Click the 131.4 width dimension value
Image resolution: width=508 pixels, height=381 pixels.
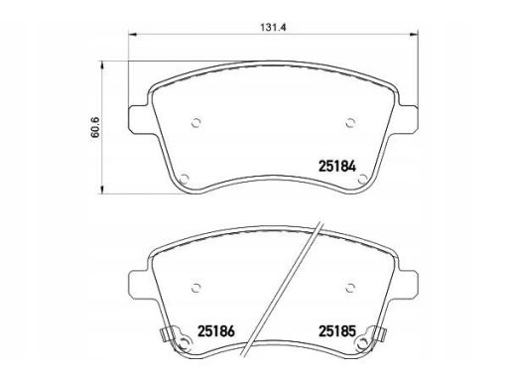click(273, 28)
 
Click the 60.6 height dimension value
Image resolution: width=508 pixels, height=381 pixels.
click(95, 128)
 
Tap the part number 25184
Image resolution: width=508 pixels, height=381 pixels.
click(337, 167)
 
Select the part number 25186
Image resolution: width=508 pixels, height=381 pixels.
click(216, 331)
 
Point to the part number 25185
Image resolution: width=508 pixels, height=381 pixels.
click(337, 331)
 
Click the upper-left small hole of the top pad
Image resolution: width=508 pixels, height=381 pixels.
click(196, 123)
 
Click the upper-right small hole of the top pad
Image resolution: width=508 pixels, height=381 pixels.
click(350, 123)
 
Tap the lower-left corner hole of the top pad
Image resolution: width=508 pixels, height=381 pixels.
click(184, 179)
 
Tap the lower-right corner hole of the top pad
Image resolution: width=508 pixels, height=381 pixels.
click(362, 179)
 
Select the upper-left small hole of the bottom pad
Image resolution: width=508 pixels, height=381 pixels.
click(196, 287)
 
